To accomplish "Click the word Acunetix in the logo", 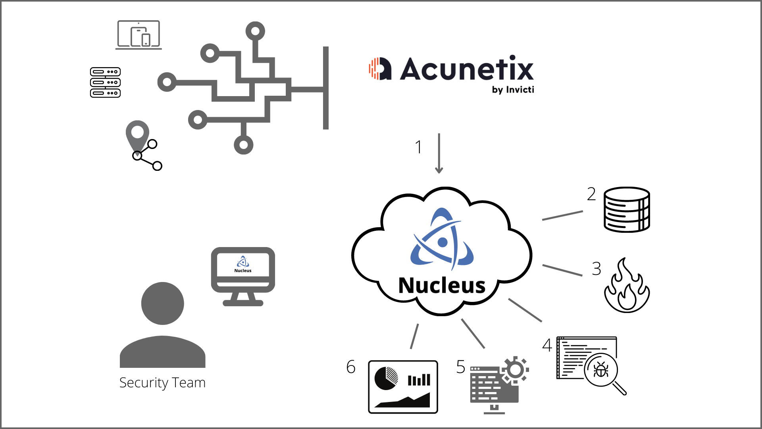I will point(467,69).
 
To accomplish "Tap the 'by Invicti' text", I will point(513,90).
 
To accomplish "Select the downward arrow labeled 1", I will point(439,153).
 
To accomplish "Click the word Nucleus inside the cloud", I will point(442,286).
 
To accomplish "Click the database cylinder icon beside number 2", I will point(626,210).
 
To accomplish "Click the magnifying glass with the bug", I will point(602,370).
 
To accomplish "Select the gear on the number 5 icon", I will point(515,370).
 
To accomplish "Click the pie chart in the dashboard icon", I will point(386,378).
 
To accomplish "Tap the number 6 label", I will point(351,367).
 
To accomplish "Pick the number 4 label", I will point(547,345).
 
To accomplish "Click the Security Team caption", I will point(162,383).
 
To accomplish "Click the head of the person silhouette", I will point(162,303).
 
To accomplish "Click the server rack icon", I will point(105,83).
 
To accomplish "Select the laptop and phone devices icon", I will point(139,35).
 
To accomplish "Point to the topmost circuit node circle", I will point(255,31).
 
